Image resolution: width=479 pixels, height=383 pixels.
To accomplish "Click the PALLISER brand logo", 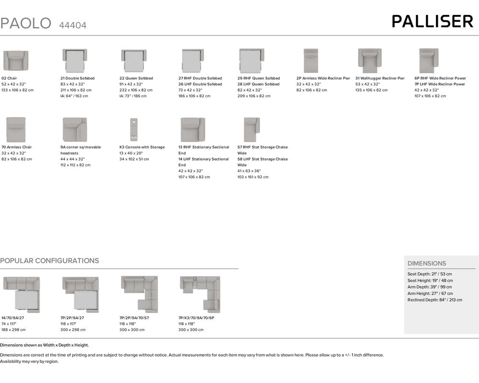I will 432,22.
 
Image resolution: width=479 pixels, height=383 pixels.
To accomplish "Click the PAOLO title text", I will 25,23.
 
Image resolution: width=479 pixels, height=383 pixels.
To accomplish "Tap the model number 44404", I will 73,25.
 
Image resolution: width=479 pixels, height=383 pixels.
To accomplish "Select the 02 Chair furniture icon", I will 16,61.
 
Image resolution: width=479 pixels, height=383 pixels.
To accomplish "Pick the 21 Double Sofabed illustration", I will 74,61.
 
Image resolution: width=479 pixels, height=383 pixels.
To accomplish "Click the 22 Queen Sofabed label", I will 136,78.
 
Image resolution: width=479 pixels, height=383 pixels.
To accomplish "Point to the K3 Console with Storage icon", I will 133,129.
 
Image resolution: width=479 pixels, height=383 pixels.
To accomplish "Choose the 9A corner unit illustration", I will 74,129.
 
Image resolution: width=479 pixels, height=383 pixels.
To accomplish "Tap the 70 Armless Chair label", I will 17,147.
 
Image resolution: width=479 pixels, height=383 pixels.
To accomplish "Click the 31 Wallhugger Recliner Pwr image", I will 369,61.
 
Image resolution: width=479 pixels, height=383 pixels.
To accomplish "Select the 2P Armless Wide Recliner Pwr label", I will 323,78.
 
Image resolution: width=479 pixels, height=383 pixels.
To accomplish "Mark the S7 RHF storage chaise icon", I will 251,129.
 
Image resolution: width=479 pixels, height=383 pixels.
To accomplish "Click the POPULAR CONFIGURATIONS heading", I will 49,261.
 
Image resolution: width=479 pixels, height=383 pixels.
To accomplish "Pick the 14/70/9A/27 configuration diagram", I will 22,294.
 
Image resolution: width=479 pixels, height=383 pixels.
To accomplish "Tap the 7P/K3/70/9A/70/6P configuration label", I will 196,318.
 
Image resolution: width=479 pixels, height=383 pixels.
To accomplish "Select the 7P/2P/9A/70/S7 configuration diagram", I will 139,294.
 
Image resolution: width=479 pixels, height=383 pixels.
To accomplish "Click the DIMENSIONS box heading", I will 426,263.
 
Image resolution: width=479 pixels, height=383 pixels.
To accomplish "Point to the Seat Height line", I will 430,280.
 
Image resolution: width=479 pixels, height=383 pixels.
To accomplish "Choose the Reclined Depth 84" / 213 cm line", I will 434,300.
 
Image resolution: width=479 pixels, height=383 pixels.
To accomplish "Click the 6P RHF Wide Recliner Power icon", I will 428,61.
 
